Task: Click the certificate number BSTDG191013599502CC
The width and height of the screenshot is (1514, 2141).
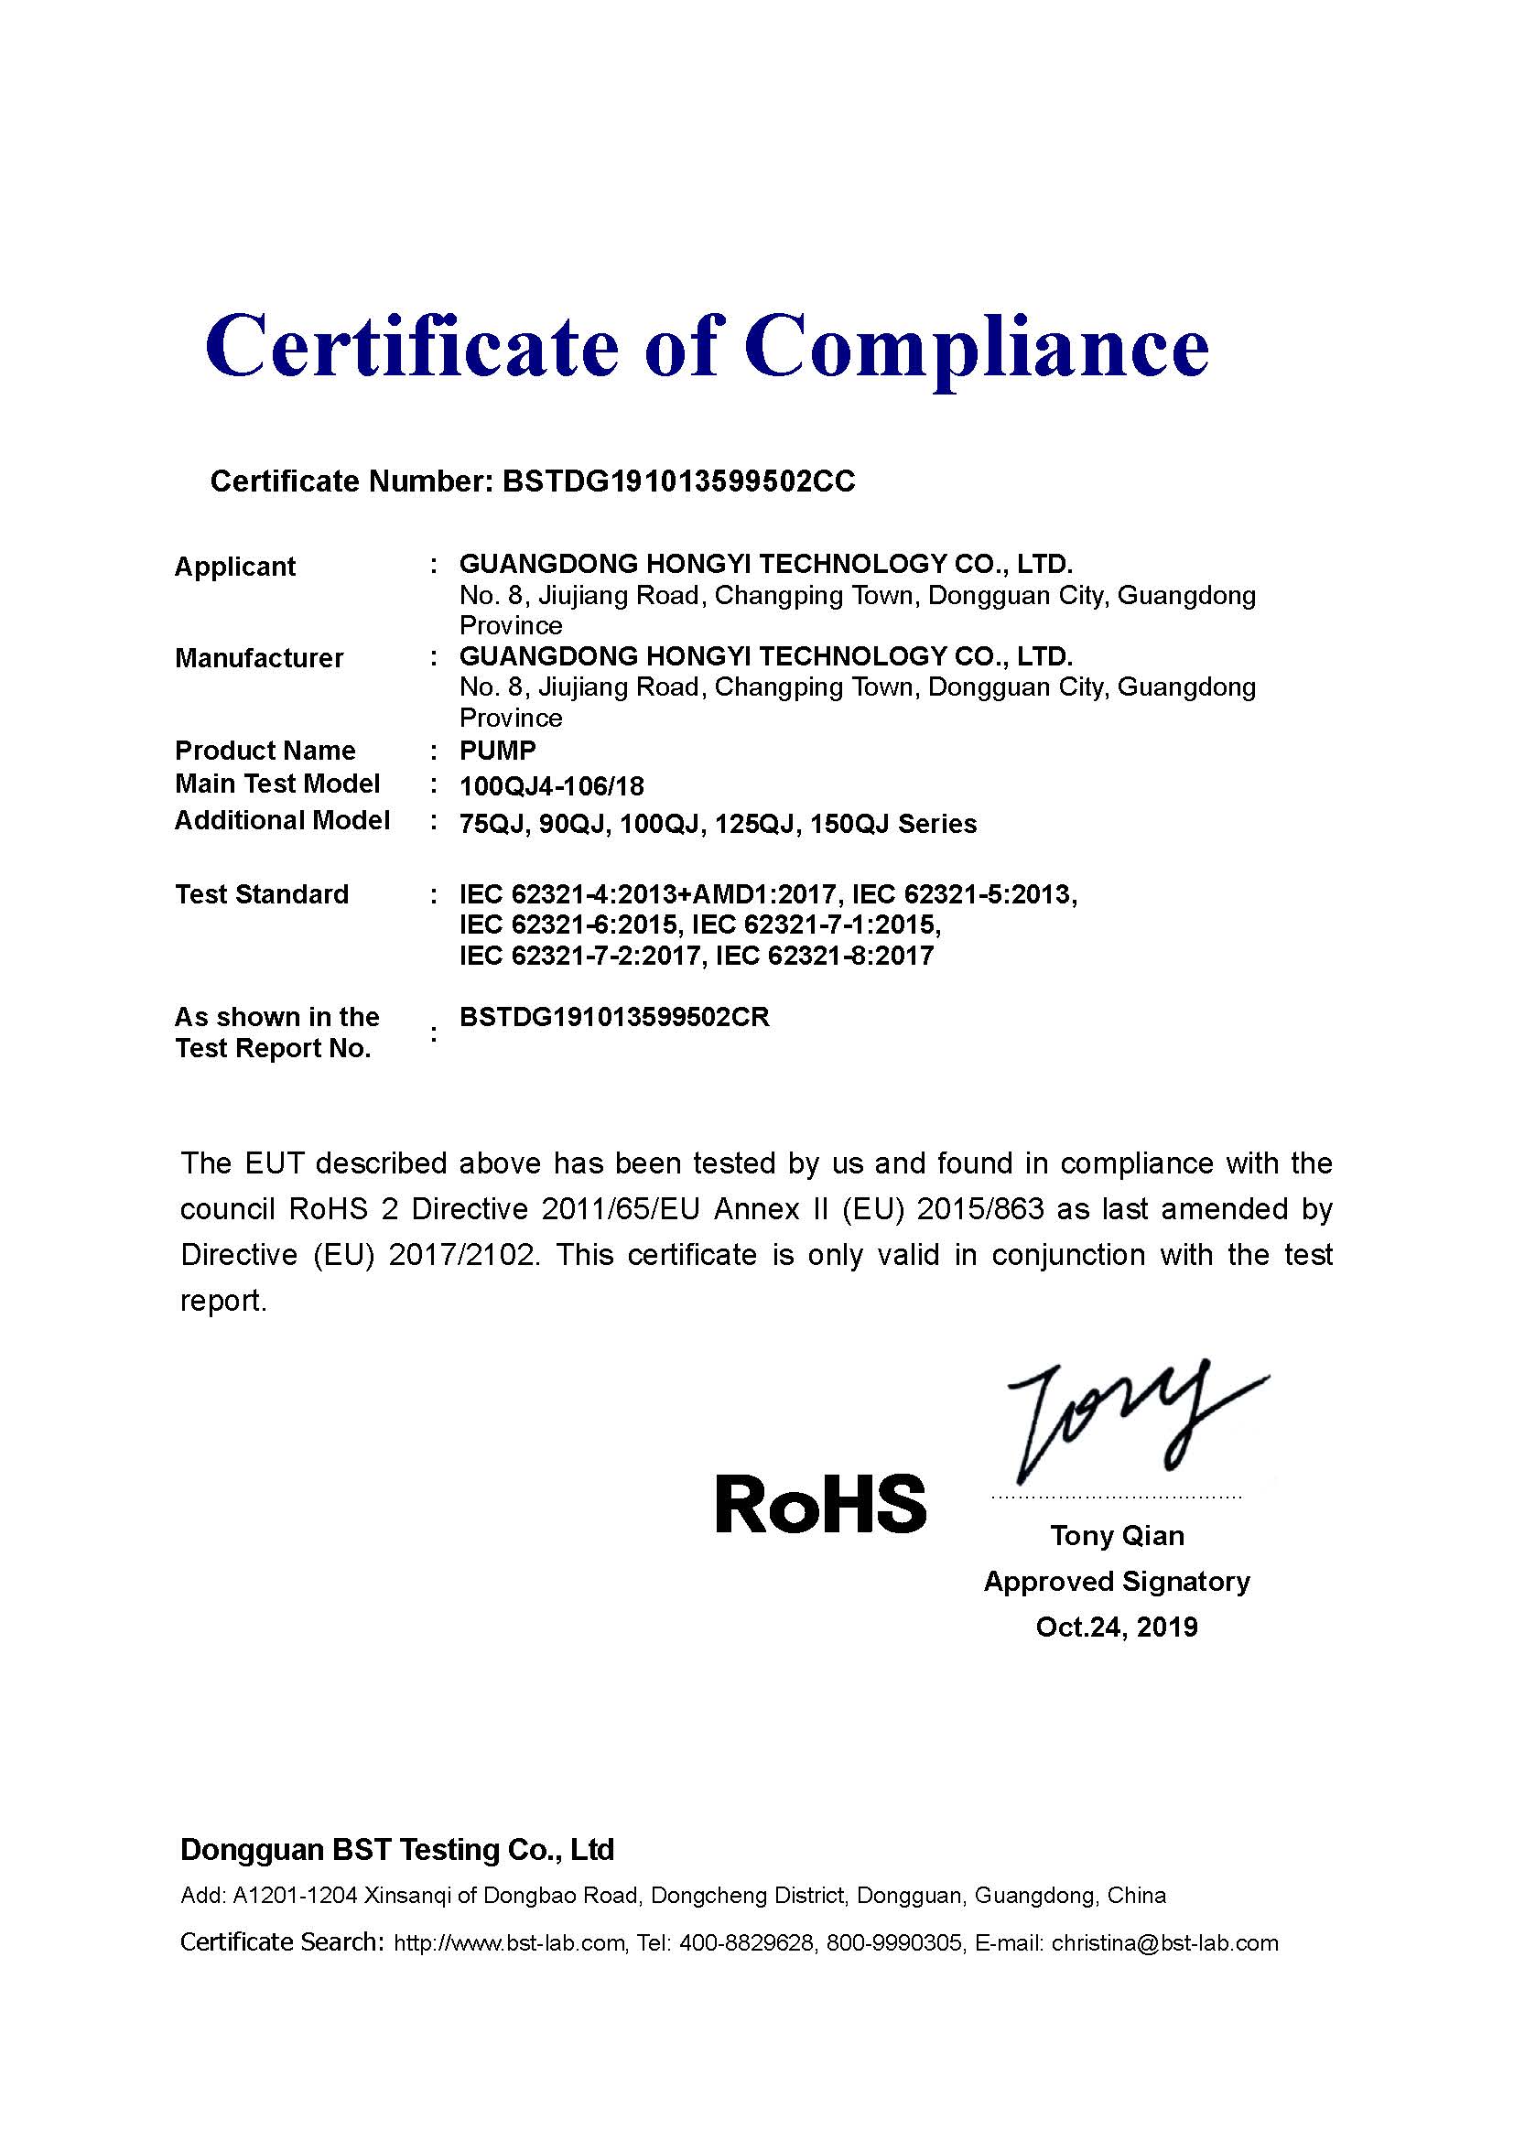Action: pos(677,481)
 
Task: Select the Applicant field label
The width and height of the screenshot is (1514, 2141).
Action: pos(235,566)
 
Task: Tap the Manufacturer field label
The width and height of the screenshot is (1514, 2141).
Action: pos(259,658)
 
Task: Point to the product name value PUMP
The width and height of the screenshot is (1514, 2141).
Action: pos(498,751)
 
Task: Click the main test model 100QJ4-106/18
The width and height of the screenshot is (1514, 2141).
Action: pos(552,786)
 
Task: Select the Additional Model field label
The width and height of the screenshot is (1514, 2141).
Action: pos(283,820)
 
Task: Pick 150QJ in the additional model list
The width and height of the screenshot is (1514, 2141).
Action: pos(844,825)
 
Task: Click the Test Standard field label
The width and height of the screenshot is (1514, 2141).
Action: pos(262,894)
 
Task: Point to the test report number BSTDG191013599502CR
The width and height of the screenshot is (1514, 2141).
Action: pos(614,1017)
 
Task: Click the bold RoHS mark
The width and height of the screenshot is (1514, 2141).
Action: pos(820,1504)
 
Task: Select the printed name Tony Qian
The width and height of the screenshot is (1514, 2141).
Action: pos(1117,1536)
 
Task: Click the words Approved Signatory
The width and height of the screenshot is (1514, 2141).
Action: pos(1116,1582)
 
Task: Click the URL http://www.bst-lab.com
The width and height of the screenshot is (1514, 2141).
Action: pos(509,1943)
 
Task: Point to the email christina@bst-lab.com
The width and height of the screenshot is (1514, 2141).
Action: pos(1164,1943)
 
